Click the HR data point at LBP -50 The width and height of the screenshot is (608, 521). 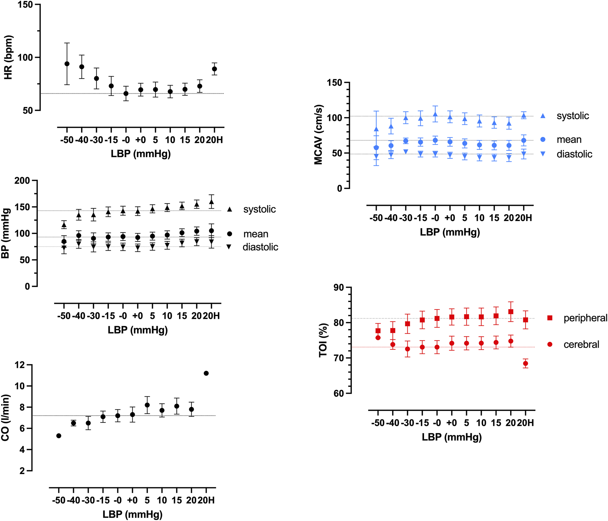pos(67,64)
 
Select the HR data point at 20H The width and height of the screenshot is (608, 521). pos(214,69)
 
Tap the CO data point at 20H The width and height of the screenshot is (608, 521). pos(206,373)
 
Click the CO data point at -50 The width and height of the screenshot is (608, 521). pos(59,436)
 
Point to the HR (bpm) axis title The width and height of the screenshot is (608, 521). pos(8,57)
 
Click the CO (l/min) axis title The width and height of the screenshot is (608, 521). pos(5,418)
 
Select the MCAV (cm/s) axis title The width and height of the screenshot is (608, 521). pos(318,135)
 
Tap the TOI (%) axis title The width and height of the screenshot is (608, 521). pos(323,340)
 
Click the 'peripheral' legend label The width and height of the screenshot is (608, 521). pos(585,318)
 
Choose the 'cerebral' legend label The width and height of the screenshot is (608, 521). pos(581,344)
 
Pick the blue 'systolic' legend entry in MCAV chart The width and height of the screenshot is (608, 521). pos(572,116)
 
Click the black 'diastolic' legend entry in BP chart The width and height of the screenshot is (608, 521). pos(260,247)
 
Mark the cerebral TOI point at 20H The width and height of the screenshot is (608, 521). pos(525,363)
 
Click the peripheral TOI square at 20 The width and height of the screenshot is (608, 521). pos(511,312)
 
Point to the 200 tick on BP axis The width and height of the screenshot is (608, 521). pos(22,181)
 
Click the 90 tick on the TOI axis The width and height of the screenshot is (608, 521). pos(338,287)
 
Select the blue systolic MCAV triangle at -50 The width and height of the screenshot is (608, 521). pos(376,129)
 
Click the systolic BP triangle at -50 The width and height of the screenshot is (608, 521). pos(64,225)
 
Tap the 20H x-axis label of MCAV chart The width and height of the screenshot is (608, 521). pos(524,218)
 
